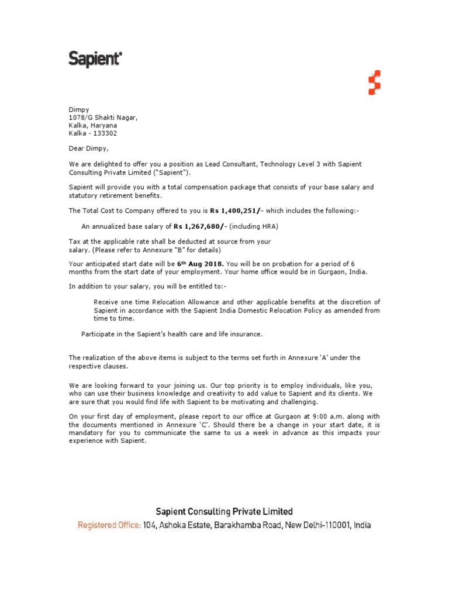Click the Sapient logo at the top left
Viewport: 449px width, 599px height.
click(95, 58)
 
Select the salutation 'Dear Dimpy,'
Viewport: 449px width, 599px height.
click(88, 149)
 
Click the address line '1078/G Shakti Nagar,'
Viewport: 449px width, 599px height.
click(103, 118)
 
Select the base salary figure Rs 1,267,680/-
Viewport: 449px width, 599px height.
click(200, 226)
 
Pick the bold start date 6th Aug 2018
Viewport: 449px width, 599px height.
click(201, 264)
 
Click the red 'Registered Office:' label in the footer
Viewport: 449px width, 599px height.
click(109, 525)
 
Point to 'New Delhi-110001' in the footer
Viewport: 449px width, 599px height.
click(316, 525)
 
